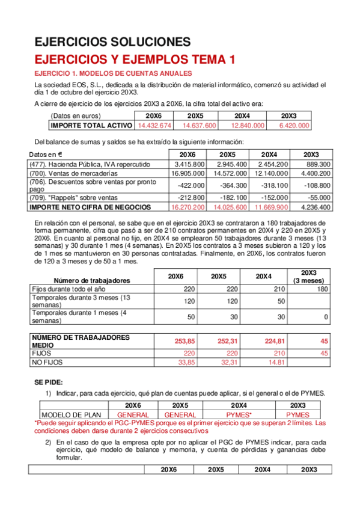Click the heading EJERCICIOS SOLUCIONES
pyautogui.click(x=112, y=41)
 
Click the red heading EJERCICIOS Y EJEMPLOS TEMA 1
pyautogui.click(x=134, y=59)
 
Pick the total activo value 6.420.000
pyautogui.click(x=294, y=125)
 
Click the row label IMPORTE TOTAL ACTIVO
pyautogui.click(x=91, y=125)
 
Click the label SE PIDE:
pyautogui.click(x=49, y=382)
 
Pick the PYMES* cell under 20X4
pyautogui.click(x=243, y=415)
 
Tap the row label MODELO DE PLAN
pyautogui.click(x=72, y=415)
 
